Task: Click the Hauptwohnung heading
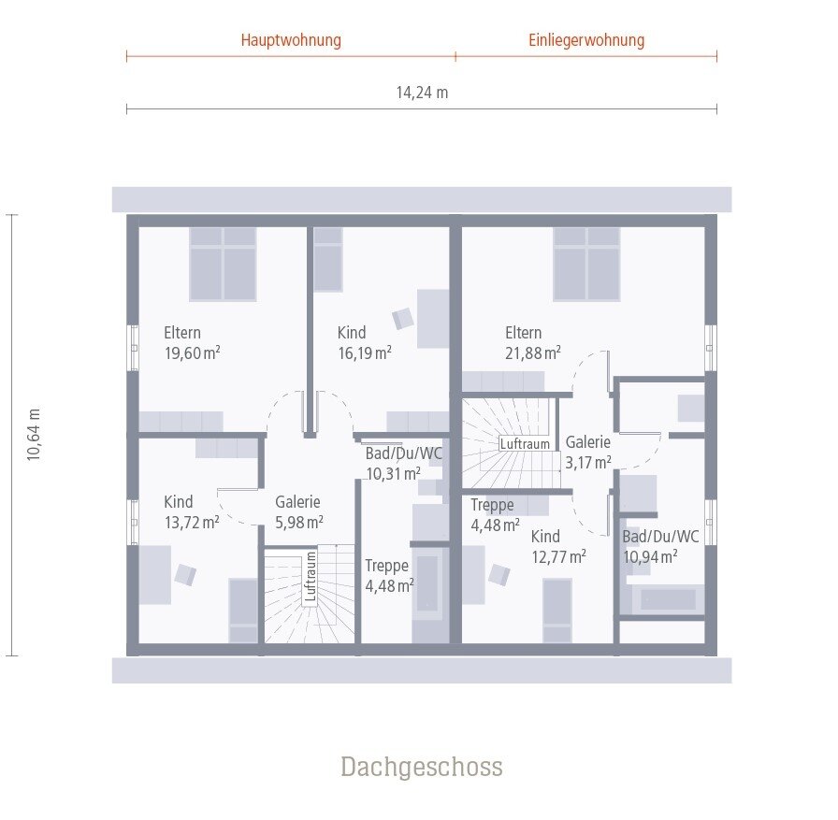[x=291, y=40]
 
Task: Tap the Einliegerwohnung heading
[x=586, y=40]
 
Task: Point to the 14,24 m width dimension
[x=422, y=93]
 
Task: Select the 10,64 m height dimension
[x=34, y=434]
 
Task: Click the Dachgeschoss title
[x=421, y=768]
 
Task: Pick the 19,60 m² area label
[x=192, y=352]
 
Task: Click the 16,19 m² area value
[x=365, y=352]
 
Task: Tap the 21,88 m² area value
[x=533, y=352]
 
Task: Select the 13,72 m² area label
[x=192, y=522]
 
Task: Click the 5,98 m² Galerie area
[x=299, y=522]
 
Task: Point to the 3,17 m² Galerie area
[x=588, y=461]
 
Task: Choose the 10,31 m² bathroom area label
[x=393, y=473]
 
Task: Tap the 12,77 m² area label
[x=558, y=556]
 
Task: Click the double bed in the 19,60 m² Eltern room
[x=223, y=263]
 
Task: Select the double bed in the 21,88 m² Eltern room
[x=586, y=263]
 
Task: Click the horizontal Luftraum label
[x=525, y=444]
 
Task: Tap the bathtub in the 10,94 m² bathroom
[x=667, y=599]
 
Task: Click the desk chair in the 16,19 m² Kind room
[x=403, y=319]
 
